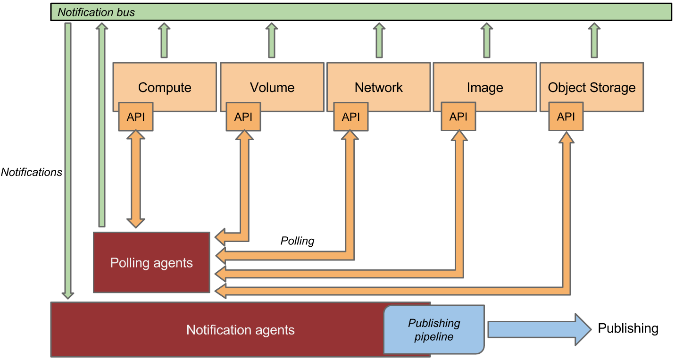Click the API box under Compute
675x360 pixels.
tap(136, 117)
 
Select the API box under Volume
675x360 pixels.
tap(243, 117)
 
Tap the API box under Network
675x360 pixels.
tap(351, 117)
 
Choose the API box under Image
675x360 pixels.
tap(458, 117)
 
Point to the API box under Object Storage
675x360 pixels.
tap(566, 117)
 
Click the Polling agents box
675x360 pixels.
tap(151, 262)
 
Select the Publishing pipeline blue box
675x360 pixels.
tap(434, 330)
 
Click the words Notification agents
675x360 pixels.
tap(240, 330)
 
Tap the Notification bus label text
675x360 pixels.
tap(96, 12)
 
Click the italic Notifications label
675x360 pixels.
tap(32, 172)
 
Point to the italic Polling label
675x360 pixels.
tap(297, 241)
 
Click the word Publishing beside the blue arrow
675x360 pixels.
tap(628, 328)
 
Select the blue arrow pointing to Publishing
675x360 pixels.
tap(538, 329)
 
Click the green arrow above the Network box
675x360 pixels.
tap(379, 42)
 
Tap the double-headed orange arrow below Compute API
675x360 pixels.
tap(136, 179)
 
